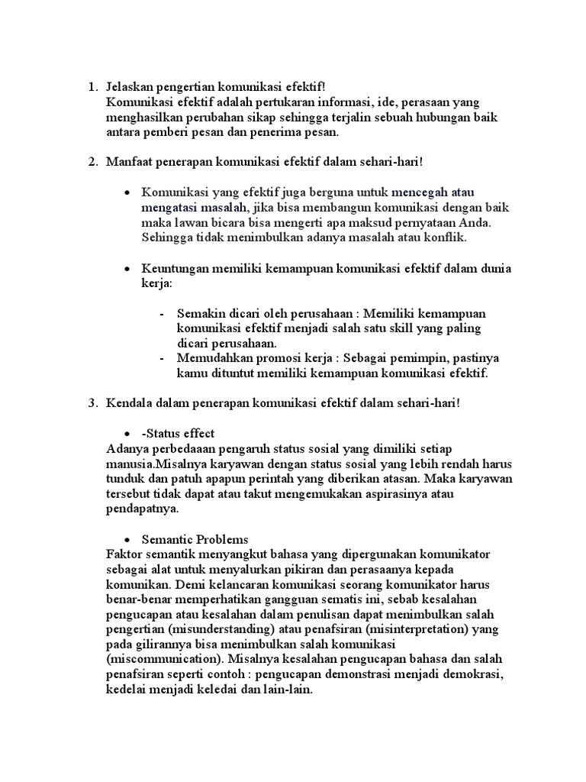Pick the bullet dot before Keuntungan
click(127, 269)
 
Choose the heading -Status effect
click(178, 433)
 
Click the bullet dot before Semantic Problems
click(127, 539)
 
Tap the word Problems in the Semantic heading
click(221, 538)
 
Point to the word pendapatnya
click(143, 508)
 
